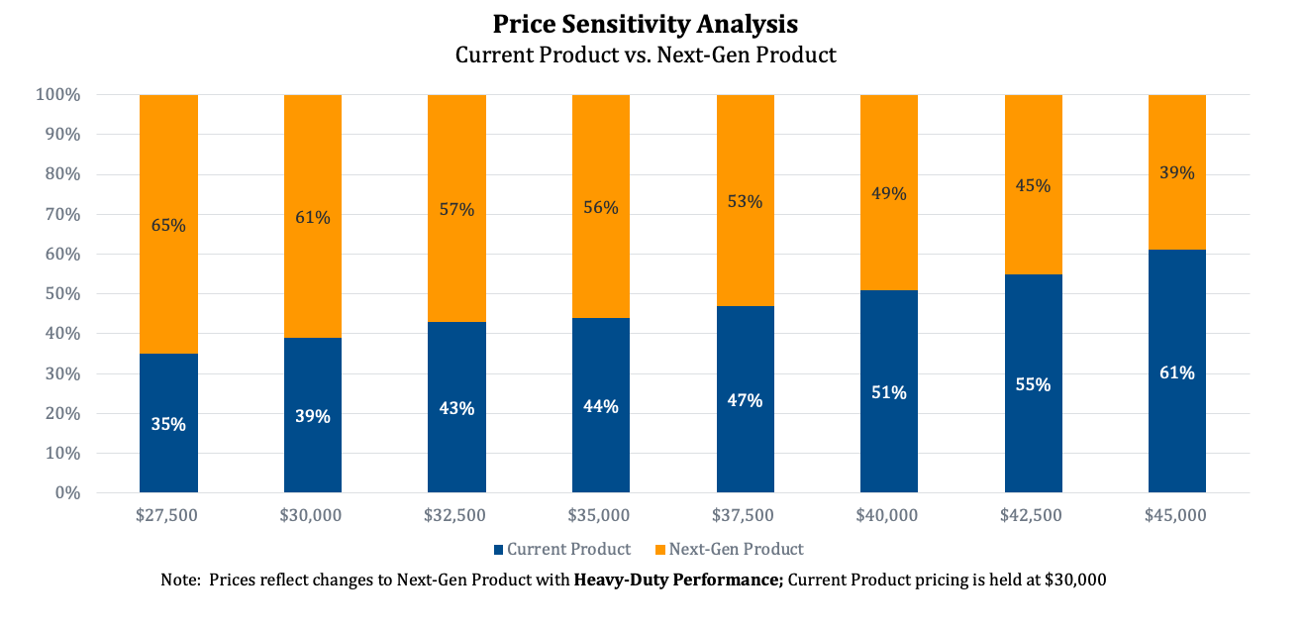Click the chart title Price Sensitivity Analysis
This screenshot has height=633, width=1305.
(x=646, y=23)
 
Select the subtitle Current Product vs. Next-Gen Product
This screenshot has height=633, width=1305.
(x=646, y=54)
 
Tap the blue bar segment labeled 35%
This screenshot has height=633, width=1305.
(x=168, y=424)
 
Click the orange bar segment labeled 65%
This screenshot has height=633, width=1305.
(x=168, y=225)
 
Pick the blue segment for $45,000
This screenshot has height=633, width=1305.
(x=1176, y=372)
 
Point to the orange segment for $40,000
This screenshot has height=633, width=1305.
(x=888, y=193)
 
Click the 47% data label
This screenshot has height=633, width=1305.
(x=745, y=400)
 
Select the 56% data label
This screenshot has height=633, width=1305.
(x=600, y=207)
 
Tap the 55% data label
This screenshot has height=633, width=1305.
(x=1033, y=384)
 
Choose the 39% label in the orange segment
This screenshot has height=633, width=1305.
(x=1176, y=172)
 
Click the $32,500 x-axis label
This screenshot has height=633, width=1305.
(x=456, y=515)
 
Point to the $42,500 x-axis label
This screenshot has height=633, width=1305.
(x=1033, y=515)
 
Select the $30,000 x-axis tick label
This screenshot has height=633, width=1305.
(x=312, y=515)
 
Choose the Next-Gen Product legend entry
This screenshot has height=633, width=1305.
(x=736, y=549)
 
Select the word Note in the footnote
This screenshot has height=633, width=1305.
(x=178, y=580)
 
